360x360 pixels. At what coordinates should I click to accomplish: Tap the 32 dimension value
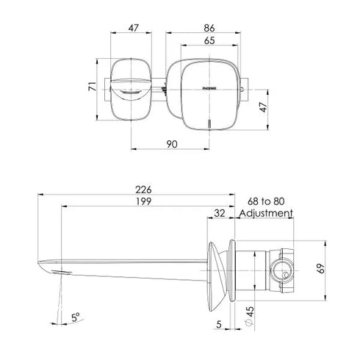[x=220, y=213]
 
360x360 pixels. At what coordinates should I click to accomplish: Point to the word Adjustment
[x=267, y=214]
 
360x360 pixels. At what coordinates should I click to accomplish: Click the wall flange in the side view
[x=220, y=269]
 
